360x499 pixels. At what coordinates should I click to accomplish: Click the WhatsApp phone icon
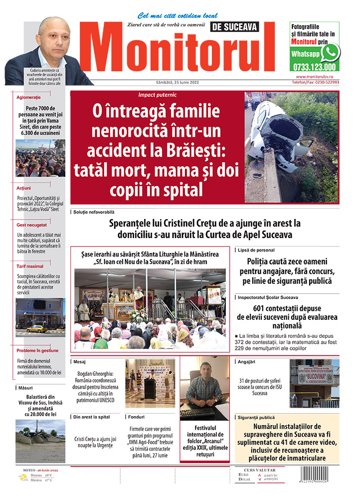click(x=330, y=52)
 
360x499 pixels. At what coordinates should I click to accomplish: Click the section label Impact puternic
click(x=157, y=94)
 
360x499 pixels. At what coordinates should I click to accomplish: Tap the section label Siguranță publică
click(x=256, y=417)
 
